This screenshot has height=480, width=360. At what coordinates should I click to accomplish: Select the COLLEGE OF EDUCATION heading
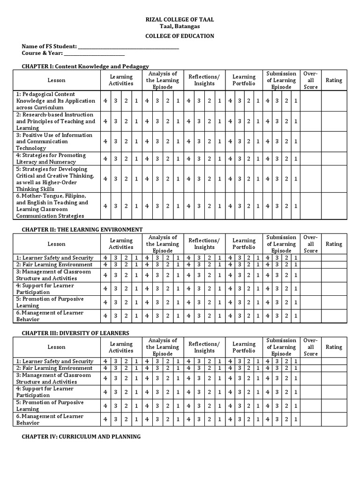(x=180, y=36)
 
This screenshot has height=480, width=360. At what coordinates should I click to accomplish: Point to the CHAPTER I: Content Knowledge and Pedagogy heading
(x=85, y=67)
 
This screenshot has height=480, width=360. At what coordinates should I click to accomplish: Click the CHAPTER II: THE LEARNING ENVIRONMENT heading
(x=82, y=230)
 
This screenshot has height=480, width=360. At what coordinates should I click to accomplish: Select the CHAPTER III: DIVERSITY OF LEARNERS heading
(x=75, y=333)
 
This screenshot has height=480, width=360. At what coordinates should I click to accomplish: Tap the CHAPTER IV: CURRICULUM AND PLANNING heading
(x=81, y=436)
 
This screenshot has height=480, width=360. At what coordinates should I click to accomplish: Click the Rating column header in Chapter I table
(x=334, y=80)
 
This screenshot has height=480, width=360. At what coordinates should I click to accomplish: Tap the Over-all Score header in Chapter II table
(x=310, y=244)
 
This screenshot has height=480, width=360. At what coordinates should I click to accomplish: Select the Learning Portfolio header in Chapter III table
(x=244, y=347)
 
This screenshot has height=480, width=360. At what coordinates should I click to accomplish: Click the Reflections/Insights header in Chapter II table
(x=204, y=244)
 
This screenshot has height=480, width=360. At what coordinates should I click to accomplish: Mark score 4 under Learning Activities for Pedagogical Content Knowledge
(x=105, y=101)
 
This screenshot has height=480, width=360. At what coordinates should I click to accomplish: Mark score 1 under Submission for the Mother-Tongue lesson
(x=296, y=206)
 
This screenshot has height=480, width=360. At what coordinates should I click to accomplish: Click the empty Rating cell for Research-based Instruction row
(x=334, y=121)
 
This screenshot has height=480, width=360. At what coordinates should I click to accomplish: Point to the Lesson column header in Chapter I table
(x=56, y=80)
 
